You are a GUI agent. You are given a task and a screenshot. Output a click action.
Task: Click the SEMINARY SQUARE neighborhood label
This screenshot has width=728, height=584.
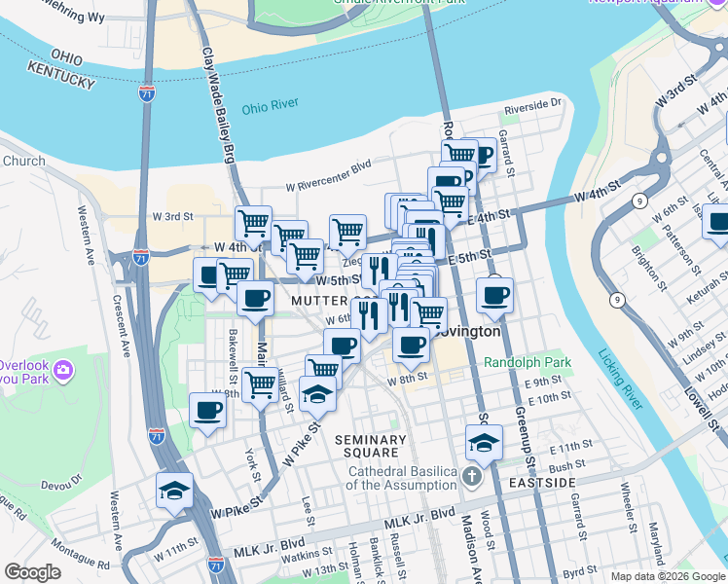pyautogui.click(x=367, y=446)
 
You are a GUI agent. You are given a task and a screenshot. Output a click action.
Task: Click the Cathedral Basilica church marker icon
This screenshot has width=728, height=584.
pyautogui.click(x=472, y=477)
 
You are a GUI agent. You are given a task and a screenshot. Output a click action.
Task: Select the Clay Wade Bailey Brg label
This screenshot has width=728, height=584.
pyautogui.click(x=217, y=97)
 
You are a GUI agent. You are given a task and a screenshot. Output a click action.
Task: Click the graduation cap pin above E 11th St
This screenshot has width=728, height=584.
pyautogui.click(x=484, y=443)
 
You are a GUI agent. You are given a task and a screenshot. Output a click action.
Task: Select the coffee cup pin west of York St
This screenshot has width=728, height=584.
pyautogui.click(x=207, y=410)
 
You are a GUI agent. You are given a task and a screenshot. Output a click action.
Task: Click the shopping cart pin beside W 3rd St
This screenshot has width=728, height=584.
pyautogui.click(x=254, y=222)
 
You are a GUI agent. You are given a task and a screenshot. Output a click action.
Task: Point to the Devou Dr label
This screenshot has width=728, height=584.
pyautogui.click(x=63, y=484)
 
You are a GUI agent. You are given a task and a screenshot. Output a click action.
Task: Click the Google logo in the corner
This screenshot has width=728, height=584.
pyautogui.click(x=33, y=572)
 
